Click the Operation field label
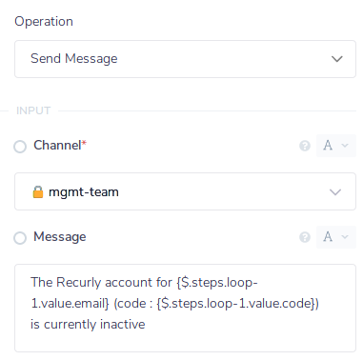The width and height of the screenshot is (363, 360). pos(44,21)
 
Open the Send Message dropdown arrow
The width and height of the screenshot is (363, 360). pos(336,59)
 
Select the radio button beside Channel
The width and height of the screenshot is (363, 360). pos(20,147)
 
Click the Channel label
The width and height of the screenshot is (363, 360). pos(57,146)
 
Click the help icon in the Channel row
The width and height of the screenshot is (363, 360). pos(305,147)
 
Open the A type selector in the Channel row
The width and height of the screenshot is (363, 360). pos(333,147)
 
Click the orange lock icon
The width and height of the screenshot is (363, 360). pos(38,192)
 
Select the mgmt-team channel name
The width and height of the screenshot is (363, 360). pos(91,192)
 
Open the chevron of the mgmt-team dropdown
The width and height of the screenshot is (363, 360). pos(336,192)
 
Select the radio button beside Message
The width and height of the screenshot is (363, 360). pos(20,238)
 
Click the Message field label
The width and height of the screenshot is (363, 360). pos(60,237)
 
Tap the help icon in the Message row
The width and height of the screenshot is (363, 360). pos(305,238)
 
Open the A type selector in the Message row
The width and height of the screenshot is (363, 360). pos(333,238)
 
